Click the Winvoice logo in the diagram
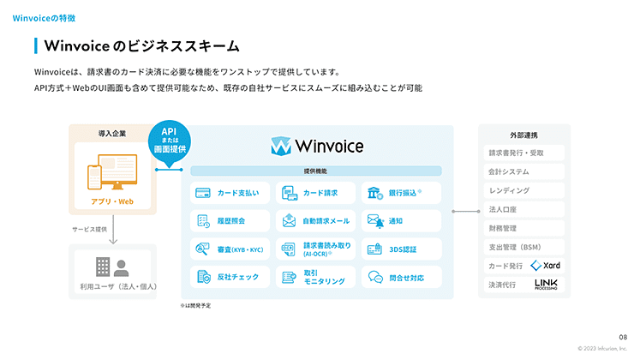[316, 147]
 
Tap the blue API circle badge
[169, 141]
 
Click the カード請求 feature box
[316, 193]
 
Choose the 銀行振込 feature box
[401, 193]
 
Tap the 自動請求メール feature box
[316, 221]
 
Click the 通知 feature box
[401, 221]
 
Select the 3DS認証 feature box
[401, 249]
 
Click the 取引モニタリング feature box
[316, 278]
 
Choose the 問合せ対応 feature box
[401, 278]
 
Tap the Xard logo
[546, 266]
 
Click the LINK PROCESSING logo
[547, 285]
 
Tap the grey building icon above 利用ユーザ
[103, 266]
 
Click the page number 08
[623, 337]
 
